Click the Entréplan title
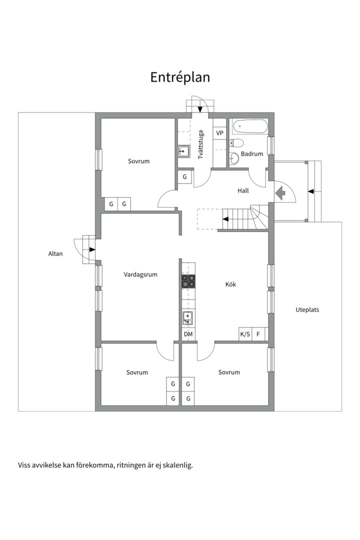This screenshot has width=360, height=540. coord(180,77)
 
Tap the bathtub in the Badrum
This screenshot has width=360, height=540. coord(250,126)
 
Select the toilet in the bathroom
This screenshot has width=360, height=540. coord(236,142)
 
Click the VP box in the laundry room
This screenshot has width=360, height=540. coord(219,133)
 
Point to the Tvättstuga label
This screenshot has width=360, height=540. coord(200,144)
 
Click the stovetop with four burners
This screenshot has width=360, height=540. coord(188,281)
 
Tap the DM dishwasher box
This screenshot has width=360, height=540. coord(188,334)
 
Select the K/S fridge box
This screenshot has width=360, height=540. coord(245,334)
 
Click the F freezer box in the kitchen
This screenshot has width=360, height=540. coord(258,334)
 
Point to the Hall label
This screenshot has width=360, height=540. coord(243,190)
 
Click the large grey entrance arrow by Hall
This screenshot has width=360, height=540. coord(280,193)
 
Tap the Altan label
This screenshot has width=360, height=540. coord(55,254)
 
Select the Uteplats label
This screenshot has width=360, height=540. coord(307,309)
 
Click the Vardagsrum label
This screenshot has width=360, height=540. coord(140,274)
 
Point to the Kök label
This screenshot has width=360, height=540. coord(231,284)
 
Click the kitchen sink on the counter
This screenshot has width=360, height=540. coord(188,318)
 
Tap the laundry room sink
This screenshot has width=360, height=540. coord(183,151)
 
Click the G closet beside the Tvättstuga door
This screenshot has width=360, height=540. coord(185,176)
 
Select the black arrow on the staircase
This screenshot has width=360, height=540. coord(225,219)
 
